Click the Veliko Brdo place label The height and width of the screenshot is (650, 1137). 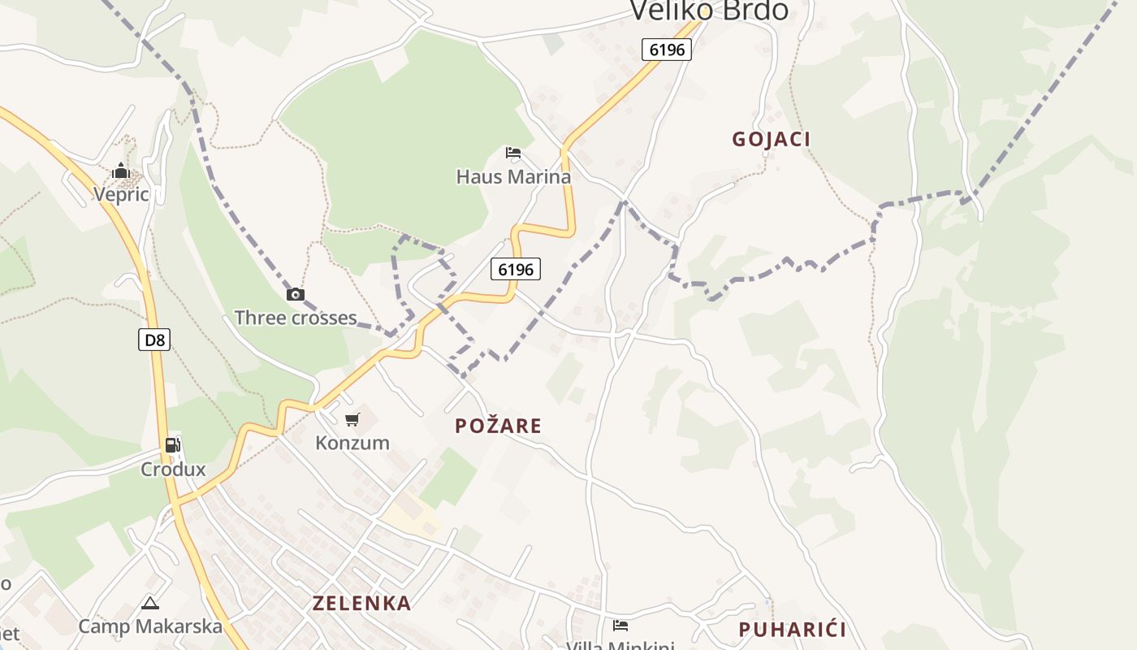coord(709,11)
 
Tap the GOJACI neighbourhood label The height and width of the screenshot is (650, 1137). coord(771,139)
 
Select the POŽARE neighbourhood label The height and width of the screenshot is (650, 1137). coord(498,426)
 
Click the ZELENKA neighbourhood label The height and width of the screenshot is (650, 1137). coord(362,603)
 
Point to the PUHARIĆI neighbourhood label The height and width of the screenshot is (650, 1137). coord(792,629)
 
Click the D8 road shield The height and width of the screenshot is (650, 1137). coord(154,340)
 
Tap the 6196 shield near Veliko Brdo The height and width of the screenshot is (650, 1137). coord(667,50)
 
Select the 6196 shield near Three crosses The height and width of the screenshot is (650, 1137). coord(516,269)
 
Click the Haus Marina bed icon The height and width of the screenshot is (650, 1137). coord(512,153)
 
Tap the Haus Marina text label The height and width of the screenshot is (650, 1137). coord(513,176)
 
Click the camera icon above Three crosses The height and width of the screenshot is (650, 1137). coord(296,294)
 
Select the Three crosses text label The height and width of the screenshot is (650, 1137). coord(296,318)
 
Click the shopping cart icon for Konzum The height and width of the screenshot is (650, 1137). coord(352,420)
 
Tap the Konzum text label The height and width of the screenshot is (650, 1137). coord(352,443)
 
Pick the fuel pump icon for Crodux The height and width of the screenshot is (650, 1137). coord(173,445)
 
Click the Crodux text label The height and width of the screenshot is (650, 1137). coord(173,470)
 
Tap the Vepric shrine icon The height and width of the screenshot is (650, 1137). coord(121,171)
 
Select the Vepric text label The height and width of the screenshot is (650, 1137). coord(121,194)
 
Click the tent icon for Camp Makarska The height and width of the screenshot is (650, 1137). coord(149,603)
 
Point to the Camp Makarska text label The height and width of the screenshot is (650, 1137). coord(150,626)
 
